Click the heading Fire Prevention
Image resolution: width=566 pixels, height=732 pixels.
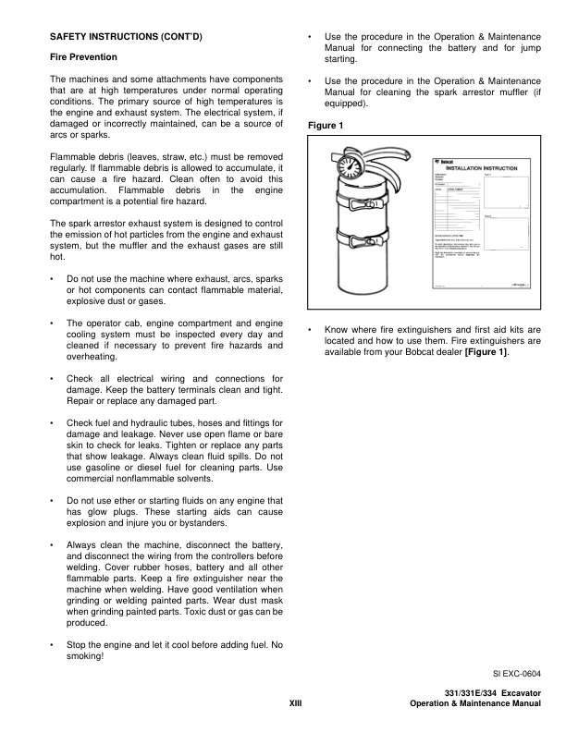(x=87, y=57)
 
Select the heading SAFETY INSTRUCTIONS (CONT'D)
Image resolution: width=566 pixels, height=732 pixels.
(x=125, y=36)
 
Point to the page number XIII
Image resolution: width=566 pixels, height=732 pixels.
(x=296, y=704)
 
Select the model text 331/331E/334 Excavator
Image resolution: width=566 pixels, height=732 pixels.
(x=492, y=693)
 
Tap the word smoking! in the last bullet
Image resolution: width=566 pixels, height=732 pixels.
(x=85, y=656)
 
